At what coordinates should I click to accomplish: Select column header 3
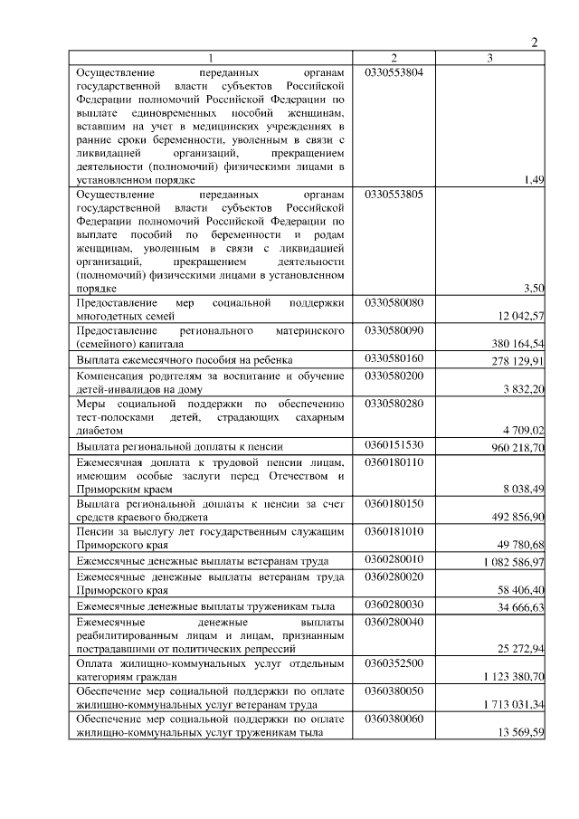(489, 58)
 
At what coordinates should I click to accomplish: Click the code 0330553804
(394, 71)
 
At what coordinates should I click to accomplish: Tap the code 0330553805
(394, 195)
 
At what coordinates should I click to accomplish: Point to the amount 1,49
(534, 180)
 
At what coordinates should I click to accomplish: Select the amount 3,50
(534, 288)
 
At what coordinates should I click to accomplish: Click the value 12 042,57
(517, 318)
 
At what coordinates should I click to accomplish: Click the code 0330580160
(394, 359)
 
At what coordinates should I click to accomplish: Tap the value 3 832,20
(520, 389)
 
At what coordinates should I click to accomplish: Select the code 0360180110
(394, 462)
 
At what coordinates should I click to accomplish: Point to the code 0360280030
(394, 605)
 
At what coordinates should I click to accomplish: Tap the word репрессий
(300, 650)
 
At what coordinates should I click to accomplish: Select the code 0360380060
(394, 719)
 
